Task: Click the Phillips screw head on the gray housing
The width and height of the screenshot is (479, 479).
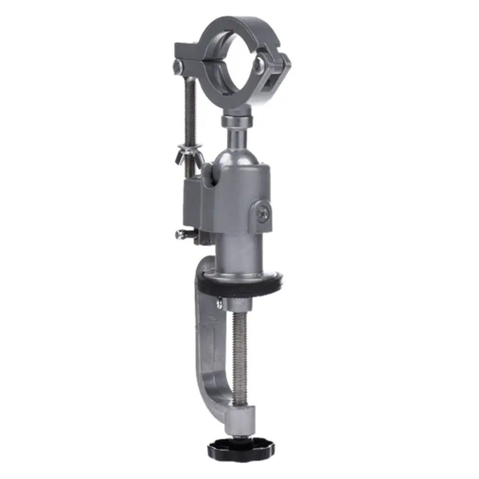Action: [x=264, y=214]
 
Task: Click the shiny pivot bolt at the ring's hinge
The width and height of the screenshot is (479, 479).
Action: [x=259, y=65]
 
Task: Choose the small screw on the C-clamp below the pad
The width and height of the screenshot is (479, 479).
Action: [x=219, y=303]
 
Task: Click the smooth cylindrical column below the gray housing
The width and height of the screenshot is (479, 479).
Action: [x=239, y=254]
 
